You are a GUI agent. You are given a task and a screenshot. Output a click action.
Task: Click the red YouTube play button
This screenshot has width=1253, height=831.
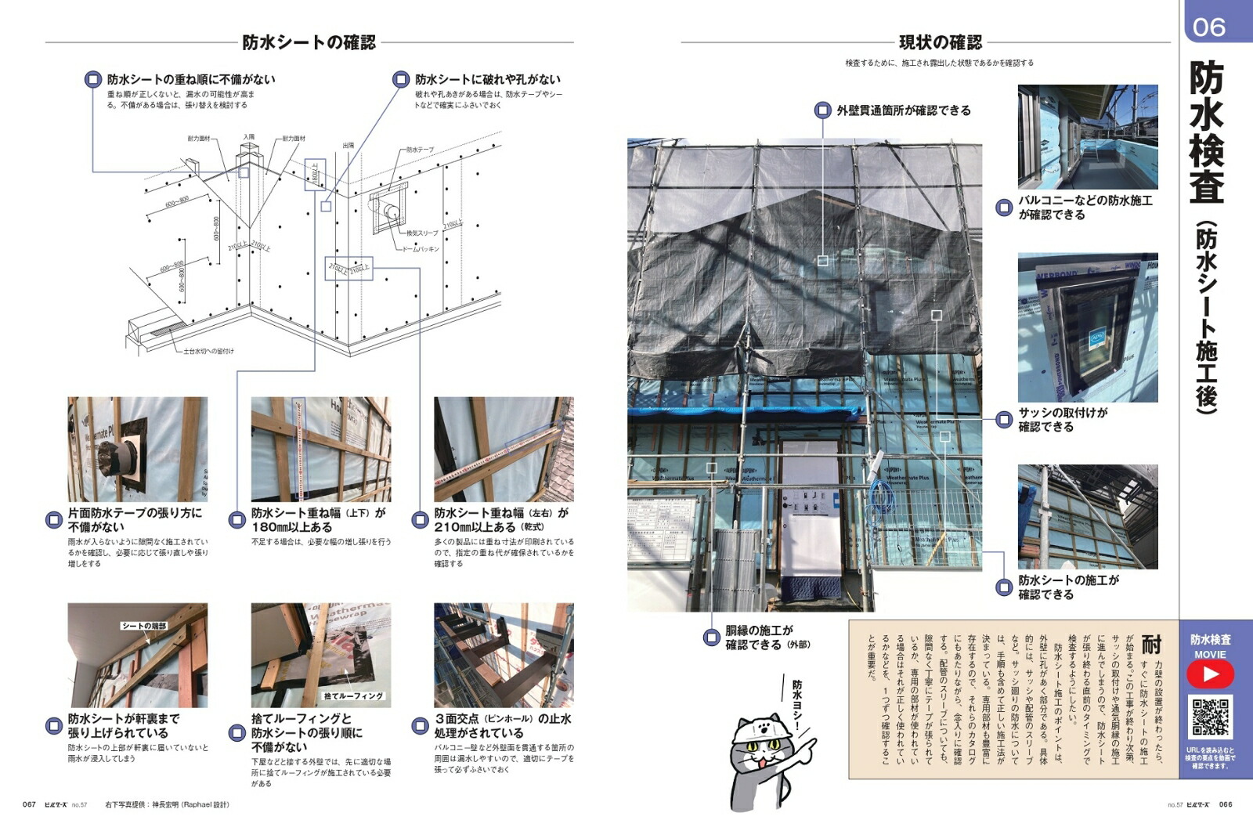pos(1210,674)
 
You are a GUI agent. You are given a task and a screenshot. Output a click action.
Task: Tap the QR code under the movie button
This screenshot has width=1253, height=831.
pos(1211,716)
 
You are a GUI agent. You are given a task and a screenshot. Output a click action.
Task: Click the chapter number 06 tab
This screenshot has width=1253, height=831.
pos(1209,27)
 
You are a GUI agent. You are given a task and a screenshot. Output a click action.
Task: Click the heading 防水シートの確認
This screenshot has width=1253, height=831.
pos(309,42)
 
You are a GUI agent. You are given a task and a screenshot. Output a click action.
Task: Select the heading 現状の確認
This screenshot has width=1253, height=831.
pos(940,42)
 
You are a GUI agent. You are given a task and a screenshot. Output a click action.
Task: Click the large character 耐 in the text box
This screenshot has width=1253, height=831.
pos(1150,644)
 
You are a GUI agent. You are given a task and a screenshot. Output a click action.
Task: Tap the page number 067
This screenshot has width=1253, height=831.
pos(29,804)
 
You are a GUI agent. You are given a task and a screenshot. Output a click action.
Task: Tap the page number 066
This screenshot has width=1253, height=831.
pos(1226,804)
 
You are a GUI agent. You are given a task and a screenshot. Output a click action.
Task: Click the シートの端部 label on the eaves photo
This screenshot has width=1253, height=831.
pos(144,625)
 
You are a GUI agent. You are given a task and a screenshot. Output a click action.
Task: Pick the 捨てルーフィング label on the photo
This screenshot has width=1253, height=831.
pos(353,696)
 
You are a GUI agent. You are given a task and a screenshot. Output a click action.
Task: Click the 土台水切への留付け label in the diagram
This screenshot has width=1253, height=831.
pos(208,351)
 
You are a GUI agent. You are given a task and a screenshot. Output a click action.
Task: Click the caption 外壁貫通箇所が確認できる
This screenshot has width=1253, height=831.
pos(903,110)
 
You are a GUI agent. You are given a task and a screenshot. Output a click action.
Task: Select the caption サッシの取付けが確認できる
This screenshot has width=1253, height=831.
pos(1062,419)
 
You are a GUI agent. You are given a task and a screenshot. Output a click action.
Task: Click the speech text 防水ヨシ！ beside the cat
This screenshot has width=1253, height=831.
pos(797,705)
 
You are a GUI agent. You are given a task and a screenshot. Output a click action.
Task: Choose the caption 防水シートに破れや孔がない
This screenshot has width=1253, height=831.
pos(487,79)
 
